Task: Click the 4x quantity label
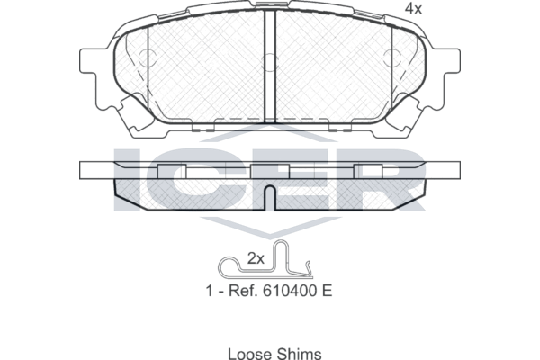[x=413, y=9]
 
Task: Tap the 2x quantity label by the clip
[x=256, y=258]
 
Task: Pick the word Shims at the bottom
[x=300, y=354]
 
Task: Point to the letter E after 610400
[x=328, y=291]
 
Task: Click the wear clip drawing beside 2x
[x=265, y=259]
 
